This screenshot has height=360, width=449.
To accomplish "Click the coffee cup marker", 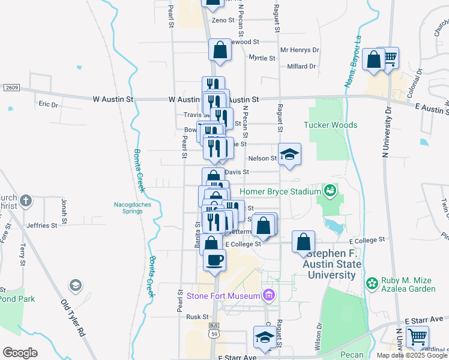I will tap(215, 260).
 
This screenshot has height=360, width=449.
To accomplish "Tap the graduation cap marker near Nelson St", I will tap(289, 155).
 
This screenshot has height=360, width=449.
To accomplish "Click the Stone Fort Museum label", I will tap(222, 295).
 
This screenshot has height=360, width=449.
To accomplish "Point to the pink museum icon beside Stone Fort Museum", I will tap(268, 295).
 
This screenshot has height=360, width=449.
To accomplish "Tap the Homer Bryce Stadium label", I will tap(280, 192).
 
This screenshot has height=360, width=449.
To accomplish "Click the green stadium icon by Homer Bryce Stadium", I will tap(329, 191).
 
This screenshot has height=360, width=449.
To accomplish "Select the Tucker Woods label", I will tap(330, 125).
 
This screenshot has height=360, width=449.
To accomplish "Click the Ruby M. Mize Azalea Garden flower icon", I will tap(372, 283).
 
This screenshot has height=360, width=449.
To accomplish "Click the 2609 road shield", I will tap(11, 88).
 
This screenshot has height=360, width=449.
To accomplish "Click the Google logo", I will tap(20, 352).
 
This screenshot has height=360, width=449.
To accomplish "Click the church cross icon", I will tap(26, 200).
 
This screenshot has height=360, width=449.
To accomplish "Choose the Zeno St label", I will tap(222, 20).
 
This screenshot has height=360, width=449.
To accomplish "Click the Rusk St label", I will tap(197, 317).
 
